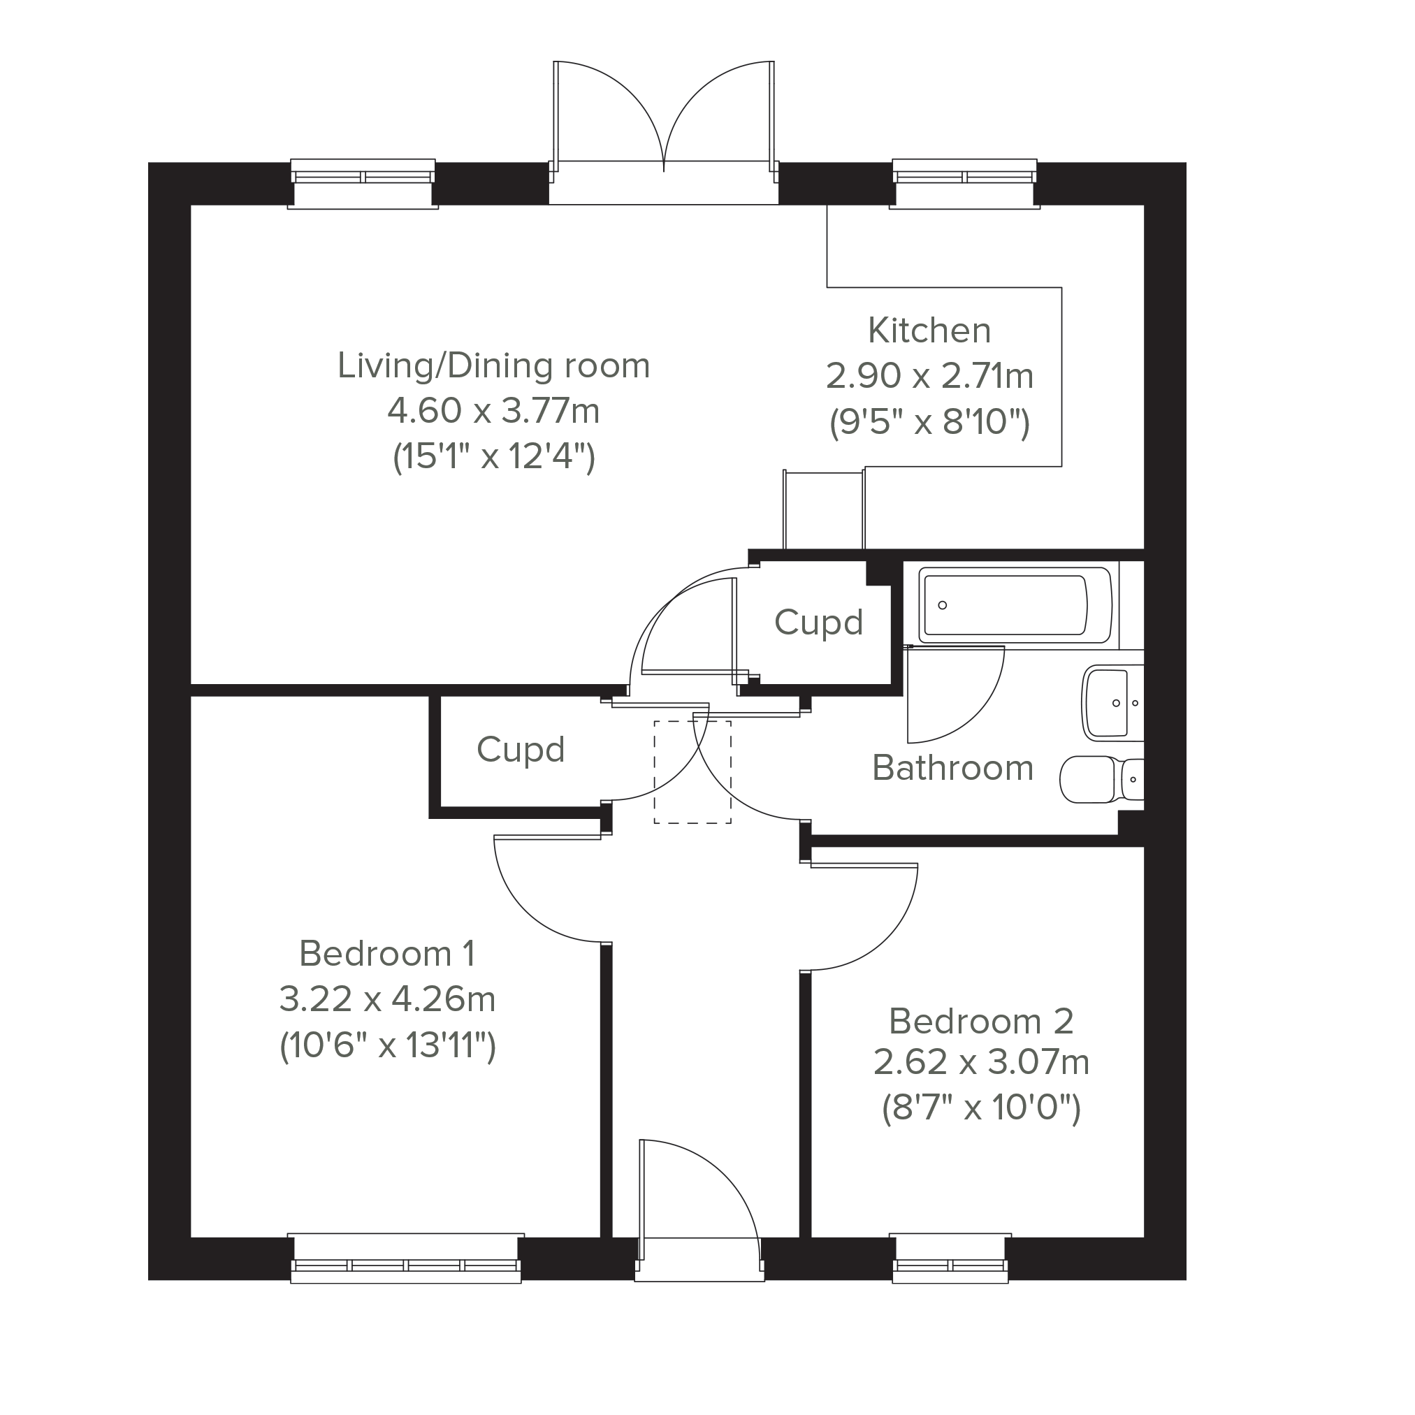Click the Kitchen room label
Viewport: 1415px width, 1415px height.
[x=929, y=331]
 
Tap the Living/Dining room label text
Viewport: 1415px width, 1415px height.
[x=493, y=365]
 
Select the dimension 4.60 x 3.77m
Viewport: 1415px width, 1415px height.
[x=493, y=411]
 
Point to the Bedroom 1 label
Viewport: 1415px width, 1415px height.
[x=387, y=954]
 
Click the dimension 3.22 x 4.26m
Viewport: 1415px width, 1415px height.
[x=387, y=999]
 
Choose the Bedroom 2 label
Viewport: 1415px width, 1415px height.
[x=982, y=1021]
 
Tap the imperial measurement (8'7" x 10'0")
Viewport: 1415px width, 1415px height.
[x=982, y=1108]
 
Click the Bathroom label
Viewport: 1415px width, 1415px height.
[x=953, y=767]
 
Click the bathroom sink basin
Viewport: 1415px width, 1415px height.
[x=1112, y=702]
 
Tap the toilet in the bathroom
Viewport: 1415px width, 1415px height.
[x=1101, y=779]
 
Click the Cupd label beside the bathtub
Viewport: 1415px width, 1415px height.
[x=819, y=623]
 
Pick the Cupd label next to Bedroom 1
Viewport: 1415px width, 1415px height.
[x=521, y=749]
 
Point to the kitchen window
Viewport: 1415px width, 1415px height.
[x=964, y=183]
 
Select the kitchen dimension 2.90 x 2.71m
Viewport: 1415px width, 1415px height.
[x=929, y=376]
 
